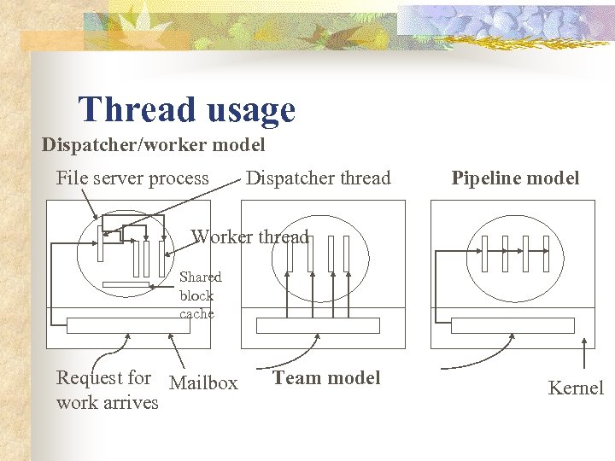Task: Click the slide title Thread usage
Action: tap(186, 110)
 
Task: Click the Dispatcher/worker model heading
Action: tap(154, 145)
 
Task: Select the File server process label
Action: tap(132, 178)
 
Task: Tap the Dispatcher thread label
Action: tap(318, 178)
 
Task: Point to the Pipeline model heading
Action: tap(515, 178)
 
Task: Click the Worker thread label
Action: tap(249, 237)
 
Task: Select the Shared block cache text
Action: tap(200, 295)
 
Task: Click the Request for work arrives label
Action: tap(106, 389)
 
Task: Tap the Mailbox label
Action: tap(203, 383)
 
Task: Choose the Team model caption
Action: tap(326, 377)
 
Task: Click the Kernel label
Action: tap(576, 388)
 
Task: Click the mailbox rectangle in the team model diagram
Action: tap(319, 325)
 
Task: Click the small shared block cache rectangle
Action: tap(126, 284)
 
